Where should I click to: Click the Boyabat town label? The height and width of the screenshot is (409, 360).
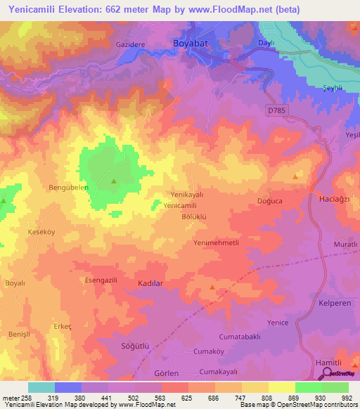click(192, 44)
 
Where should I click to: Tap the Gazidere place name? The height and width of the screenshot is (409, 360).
click(130, 44)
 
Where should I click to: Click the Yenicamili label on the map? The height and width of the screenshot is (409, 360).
click(180, 205)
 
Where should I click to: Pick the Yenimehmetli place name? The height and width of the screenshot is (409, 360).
click(217, 242)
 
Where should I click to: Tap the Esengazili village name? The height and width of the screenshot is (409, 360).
click(101, 280)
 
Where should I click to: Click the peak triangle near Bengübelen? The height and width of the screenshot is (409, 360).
click(114, 182)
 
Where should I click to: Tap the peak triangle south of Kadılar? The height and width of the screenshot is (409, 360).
click(212, 288)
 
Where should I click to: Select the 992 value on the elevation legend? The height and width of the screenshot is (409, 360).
click(347, 397)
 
